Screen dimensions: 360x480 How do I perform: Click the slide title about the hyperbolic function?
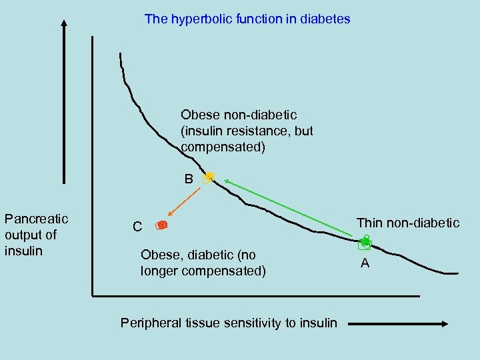[247, 19]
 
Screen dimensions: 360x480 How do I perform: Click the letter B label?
[189, 179]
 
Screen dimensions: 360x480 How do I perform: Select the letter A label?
[365, 263]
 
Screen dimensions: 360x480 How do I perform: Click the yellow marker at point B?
[209, 177]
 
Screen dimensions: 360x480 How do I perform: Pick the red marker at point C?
[161, 226]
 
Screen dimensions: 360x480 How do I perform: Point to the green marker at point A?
[366, 244]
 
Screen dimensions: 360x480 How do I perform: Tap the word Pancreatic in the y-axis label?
[36, 219]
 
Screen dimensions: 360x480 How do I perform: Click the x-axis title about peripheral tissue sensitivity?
[229, 323]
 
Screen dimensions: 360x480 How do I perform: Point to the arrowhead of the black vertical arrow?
[64, 25]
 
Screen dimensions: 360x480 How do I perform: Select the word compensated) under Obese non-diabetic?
[223, 147]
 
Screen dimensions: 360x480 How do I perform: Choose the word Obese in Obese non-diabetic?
[198, 115]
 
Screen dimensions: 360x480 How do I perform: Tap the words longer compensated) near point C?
[203, 271]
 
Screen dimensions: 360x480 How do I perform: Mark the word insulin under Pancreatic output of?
[23, 251]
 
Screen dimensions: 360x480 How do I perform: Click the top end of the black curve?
[121, 54]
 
